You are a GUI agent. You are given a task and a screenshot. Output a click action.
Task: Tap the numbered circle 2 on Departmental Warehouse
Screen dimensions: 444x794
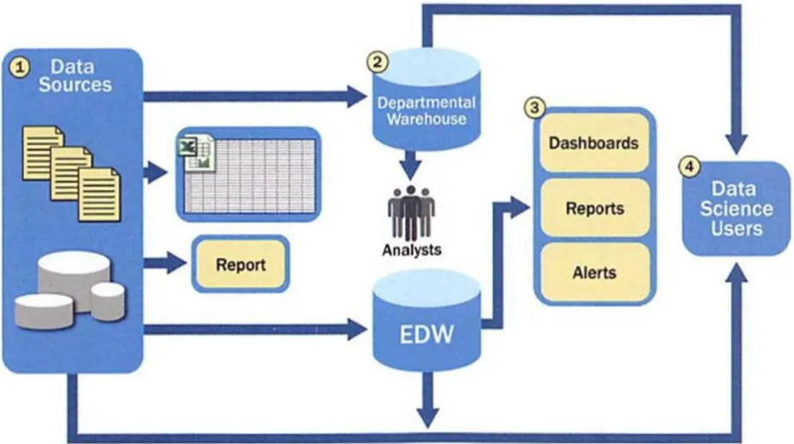[378, 62]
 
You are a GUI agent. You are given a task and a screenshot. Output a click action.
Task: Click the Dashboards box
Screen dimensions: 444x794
[594, 142]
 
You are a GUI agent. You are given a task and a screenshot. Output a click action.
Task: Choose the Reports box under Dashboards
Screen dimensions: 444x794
[594, 208]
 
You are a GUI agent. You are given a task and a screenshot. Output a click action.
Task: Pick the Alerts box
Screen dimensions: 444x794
[594, 273]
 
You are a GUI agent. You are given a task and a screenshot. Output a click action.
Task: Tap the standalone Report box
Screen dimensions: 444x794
[240, 265]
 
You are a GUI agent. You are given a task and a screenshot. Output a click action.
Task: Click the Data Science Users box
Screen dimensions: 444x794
[736, 207]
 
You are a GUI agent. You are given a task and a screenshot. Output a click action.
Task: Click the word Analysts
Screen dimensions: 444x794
[411, 250]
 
